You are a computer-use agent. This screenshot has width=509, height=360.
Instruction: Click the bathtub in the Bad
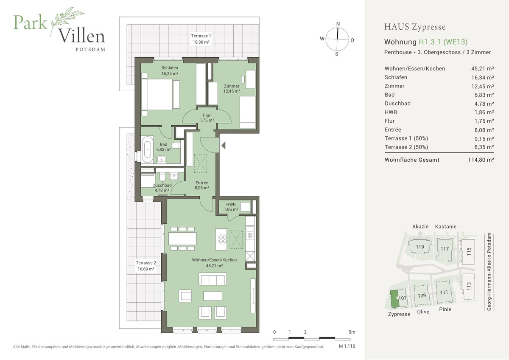(148, 149)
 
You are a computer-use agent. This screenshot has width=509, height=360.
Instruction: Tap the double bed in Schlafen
(157, 94)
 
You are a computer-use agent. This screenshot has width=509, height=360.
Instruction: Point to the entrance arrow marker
(224, 145)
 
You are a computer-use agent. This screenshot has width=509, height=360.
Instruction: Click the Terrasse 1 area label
(201, 39)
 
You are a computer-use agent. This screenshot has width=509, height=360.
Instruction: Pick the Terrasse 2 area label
(146, 266)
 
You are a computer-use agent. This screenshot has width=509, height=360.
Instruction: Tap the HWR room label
(231, 207)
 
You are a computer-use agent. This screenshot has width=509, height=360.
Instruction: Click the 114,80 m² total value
(481, 160)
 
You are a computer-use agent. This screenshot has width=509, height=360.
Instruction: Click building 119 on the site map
(420, 247)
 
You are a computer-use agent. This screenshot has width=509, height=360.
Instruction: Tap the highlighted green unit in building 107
(395, 299)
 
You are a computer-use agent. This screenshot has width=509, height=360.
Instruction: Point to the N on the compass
(338, 24)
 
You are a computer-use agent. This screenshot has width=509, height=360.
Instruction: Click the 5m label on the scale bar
(352, 332)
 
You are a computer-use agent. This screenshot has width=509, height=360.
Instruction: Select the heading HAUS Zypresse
(415, 27)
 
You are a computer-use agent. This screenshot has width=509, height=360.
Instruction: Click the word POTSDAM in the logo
(90, 50)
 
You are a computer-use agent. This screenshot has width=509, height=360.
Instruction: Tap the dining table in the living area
(182, 239)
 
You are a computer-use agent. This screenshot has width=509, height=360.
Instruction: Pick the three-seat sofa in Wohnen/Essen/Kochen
(213, 279)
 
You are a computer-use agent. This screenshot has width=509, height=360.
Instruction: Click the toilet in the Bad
(176, 145)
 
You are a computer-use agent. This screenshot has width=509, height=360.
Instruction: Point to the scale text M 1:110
(347, 346)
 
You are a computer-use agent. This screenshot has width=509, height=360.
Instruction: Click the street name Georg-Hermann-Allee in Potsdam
(489, 272)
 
